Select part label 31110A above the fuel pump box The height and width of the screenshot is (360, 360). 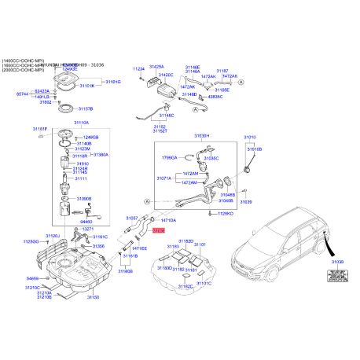(x=82, y=123)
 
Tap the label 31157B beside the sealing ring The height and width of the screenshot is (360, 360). (x=83, y=108)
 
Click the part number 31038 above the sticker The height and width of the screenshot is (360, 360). (x=338, y=261)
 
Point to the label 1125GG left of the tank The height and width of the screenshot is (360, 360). (x=31, y=241)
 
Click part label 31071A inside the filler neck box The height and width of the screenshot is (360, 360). (x=164, y=179)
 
